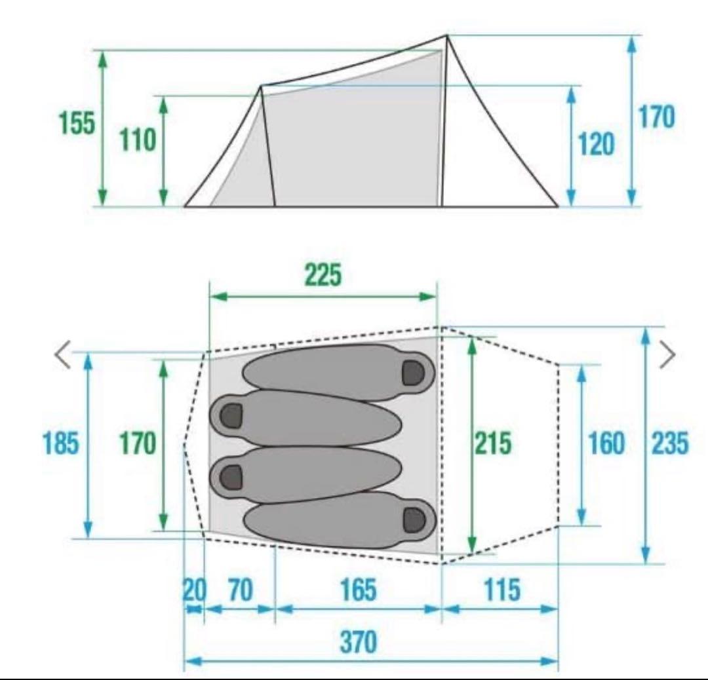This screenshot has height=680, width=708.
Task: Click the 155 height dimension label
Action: coord(77,123)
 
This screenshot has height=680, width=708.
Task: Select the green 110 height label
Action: coord(138,140)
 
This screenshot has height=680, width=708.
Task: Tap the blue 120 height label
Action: coord(597,144)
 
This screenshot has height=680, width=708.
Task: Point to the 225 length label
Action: coord(323,274)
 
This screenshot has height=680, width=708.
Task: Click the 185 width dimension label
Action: coord(61,443)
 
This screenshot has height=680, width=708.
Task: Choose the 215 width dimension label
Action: coord(494,443)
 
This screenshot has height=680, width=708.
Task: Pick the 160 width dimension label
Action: coord(606,443)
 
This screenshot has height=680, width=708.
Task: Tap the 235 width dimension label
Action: coord(671,443)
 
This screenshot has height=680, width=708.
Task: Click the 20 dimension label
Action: coord(195,590)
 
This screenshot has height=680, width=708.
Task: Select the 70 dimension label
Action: coord(241,590)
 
